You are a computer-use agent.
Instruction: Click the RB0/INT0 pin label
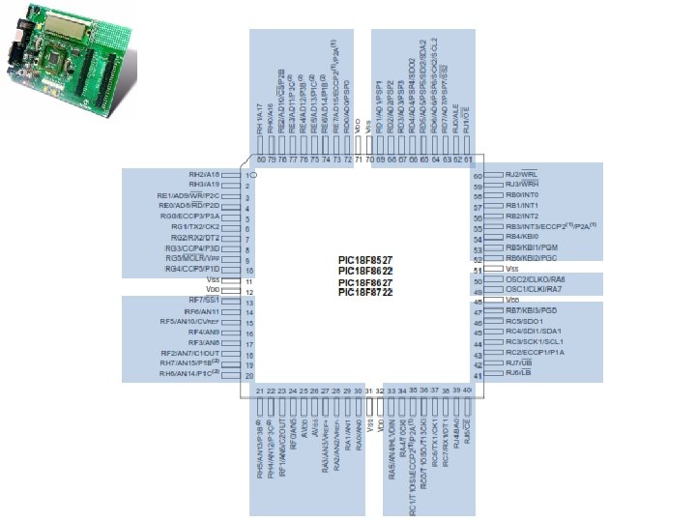522,195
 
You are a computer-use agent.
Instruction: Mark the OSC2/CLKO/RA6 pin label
536,279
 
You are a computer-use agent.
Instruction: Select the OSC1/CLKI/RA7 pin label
535,290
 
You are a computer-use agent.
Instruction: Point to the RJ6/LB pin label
520,373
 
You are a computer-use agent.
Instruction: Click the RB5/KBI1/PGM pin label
532,247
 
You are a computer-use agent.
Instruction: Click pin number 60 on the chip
478,175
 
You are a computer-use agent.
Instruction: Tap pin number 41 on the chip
478,374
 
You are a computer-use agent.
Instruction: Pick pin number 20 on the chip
248,375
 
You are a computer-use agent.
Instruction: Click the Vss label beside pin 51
512,269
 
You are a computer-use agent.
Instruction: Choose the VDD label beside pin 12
214,290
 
